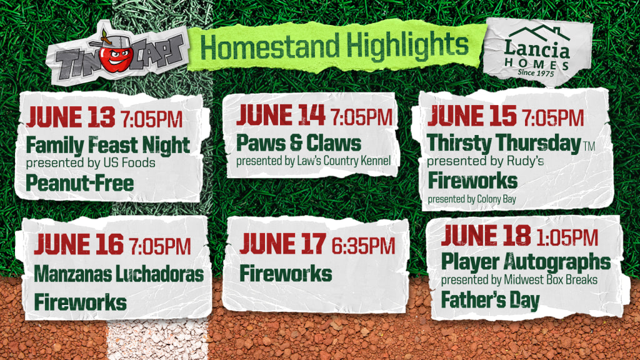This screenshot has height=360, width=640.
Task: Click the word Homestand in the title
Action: (x=270, y=46)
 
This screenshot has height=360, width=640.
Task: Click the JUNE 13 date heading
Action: (x=71, y=117)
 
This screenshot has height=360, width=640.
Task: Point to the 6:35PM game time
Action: (x=363, y=246)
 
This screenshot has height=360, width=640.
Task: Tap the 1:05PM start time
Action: (x=567, y=237)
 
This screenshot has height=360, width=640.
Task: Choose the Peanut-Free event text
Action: (x=80, y=183)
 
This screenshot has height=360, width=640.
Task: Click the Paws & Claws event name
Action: (x=299, y=143)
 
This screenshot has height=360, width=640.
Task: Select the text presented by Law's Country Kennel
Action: (x=314, y=161)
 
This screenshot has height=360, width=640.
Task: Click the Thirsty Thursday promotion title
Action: (x=504, y=144)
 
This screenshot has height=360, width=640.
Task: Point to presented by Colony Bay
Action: (x=472, y=199)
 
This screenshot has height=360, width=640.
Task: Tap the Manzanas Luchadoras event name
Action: (x=119, y=274)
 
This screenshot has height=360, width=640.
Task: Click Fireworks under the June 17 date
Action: (x=286, y=274)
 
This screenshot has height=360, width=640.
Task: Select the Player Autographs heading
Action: (x=526, y=262)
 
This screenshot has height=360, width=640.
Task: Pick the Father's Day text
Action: (x=491, y=301)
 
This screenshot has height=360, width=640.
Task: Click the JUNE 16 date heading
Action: (x=79, y=244)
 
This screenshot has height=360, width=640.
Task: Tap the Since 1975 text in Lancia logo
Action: (x=536, y=72)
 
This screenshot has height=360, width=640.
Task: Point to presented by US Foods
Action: (x=91, y=163)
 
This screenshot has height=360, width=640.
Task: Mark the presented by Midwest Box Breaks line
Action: (x=519, y=280)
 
